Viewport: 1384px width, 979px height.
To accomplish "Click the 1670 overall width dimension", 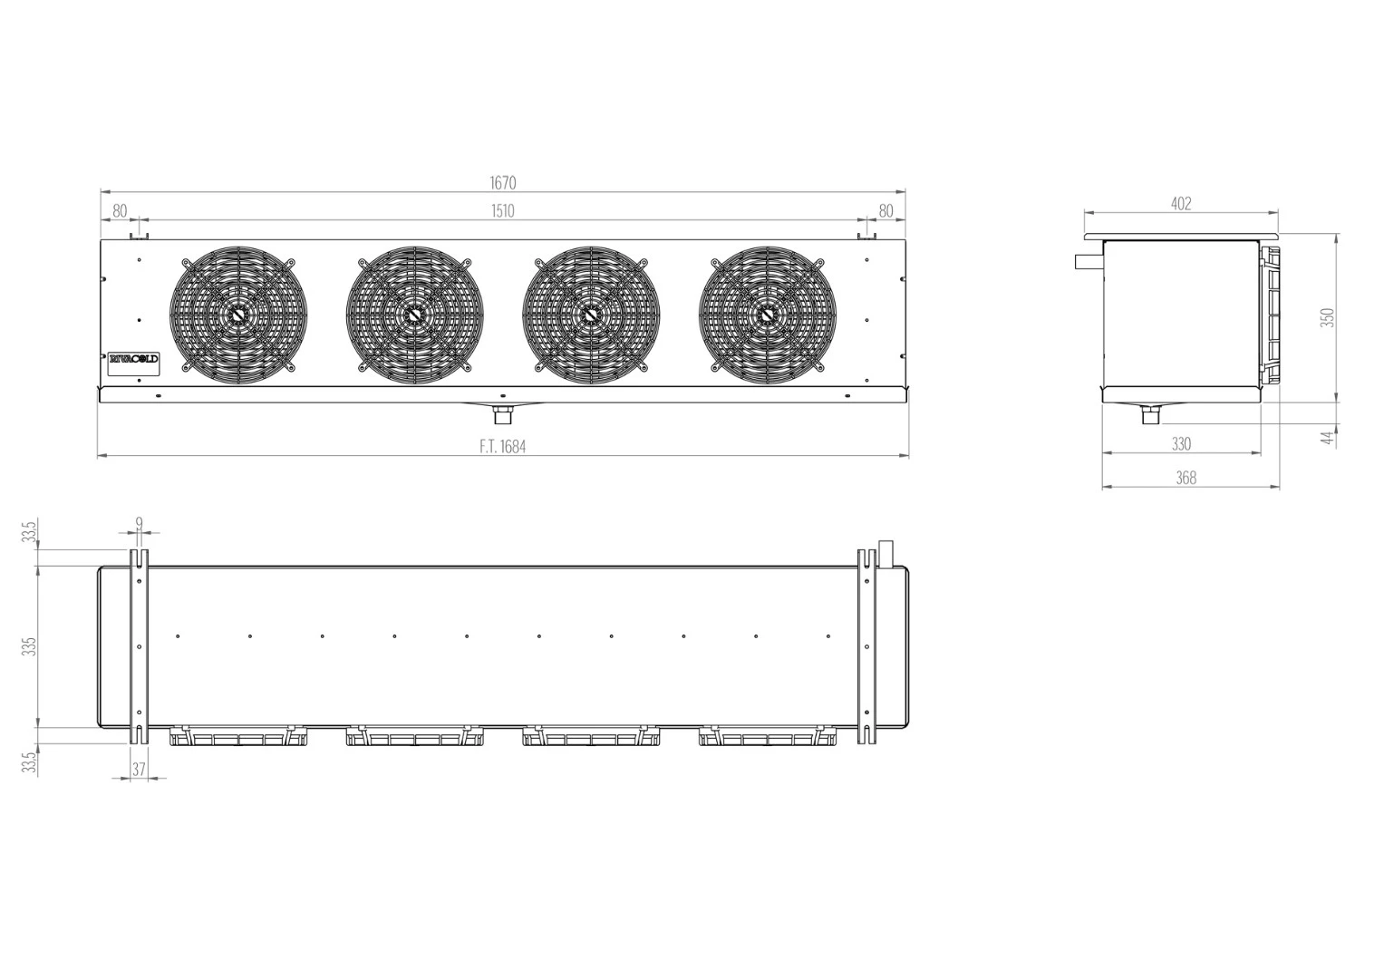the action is pyautogui.click(x=503, y=183).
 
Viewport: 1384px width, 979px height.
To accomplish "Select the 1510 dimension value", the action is pyautogui.click(x=503, y=210).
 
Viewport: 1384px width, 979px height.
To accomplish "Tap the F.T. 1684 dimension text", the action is pyautogui.click(x=503, y=446).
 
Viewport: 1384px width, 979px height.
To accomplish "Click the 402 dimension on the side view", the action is pyautogui.click(x=1181, y=203).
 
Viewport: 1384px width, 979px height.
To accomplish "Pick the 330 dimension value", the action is pyautogui.click(x=1181, y=444).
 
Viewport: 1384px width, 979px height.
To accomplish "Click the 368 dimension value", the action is pyautogui.click(x=1186, y=478).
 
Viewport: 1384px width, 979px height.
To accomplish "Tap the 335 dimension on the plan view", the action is pyautogui.click(x=31, y=646).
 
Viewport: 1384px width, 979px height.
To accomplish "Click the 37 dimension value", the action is pyautogui.click(x=139, y=769).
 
